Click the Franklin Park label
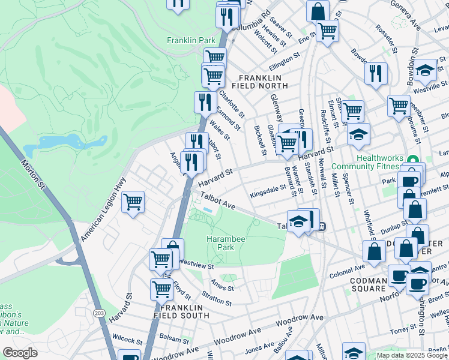coord(191,40)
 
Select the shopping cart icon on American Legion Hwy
coord(133,202)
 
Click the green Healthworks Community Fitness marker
coord(412,160)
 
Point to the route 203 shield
coord(98,313)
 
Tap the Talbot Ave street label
coord(217,201)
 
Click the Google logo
coord(20,353)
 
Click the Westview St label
coord(196,263)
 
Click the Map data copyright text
coord(412,355)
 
